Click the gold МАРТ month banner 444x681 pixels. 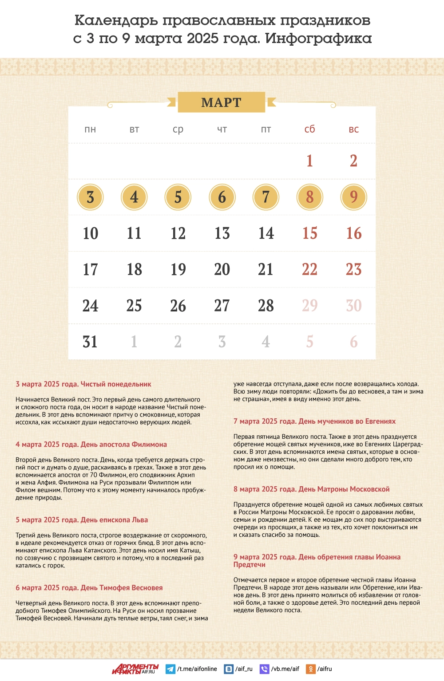tap(221, 102)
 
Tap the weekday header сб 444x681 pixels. tap(309, 129)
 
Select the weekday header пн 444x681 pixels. tap(90, 130)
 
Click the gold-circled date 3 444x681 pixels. tap(90, 197)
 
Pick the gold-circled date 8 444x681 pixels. tap(309, 197)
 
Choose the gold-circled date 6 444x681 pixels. tap(222, 197)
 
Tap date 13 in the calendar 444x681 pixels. tap(222, 233)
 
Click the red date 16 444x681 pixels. tap(353, 233)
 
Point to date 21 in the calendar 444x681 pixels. tap(266, 269)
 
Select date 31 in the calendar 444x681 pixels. tap(90, 342)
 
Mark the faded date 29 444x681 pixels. tap(309, 306)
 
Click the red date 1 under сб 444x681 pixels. tap(309, 161)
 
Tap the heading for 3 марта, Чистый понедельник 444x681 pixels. tap(83, 384)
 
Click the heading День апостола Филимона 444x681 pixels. tap(91, 445)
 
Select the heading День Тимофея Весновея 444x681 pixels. tap(89, 588)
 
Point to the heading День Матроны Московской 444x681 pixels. tap(311, 489)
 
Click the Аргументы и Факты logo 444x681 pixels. tap(135, 669)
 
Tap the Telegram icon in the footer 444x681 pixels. tap(170, 669)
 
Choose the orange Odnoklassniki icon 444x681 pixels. tap(312, 669)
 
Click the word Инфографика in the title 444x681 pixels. tap(318, 39)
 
